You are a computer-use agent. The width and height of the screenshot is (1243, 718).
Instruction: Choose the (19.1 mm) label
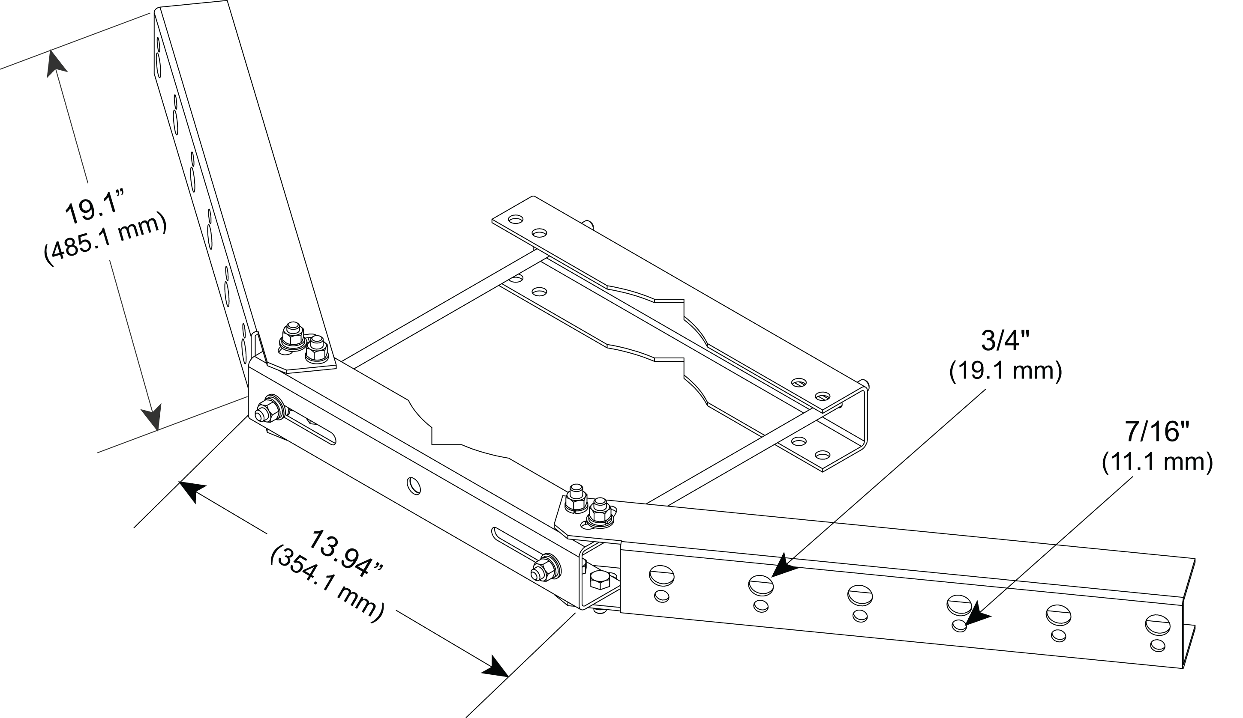[1005, 371]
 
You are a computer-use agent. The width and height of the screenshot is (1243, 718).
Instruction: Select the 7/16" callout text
[1157, 432]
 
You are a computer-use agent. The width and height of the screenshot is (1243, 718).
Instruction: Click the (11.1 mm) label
[1157, 462]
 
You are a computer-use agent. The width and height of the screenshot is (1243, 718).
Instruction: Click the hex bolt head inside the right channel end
[600, 581]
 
